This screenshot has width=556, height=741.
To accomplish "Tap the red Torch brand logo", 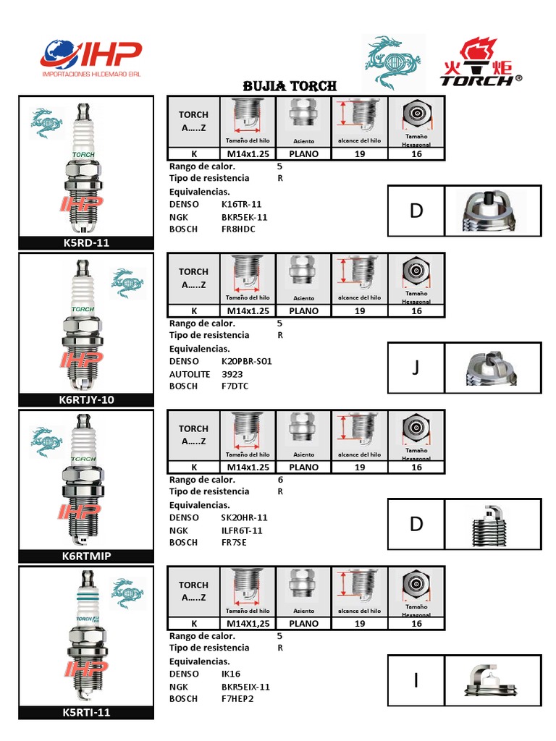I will coord(481,62).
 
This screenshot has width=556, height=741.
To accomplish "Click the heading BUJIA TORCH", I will coord(290,86).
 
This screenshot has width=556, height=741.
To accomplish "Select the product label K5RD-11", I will coord(86,243).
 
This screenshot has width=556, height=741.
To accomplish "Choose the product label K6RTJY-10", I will coord(86,399).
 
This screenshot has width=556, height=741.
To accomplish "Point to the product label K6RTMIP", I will coord(86,556).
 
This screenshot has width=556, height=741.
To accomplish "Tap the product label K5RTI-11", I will coord(86,713).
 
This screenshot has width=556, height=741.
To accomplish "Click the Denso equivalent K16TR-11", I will coord(241,204).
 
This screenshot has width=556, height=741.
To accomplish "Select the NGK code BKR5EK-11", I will coord(244,217).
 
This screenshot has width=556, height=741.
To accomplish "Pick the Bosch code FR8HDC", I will coord(238,229).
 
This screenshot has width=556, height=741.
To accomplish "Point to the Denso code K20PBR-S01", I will coord(246,360).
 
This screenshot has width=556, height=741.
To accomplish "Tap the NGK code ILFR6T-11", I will coord(242,530).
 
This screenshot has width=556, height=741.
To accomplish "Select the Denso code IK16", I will coord(230,674).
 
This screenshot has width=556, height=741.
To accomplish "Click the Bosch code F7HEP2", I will coord(237,699).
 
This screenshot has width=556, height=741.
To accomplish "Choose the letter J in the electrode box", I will coord(416,368).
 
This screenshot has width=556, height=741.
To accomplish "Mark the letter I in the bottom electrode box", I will coord(416,681).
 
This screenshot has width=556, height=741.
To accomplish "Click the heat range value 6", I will coord(280,480).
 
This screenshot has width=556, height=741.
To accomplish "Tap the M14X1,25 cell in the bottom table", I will coord(248,623).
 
